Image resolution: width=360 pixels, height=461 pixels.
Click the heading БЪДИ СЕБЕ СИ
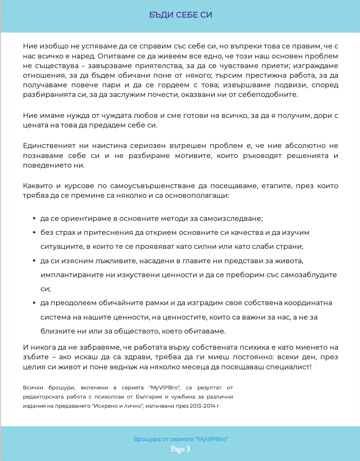pyautogui.click(x=180, y=15)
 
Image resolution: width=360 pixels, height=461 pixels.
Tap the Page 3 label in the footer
pyautogui.click(x=180, y=449)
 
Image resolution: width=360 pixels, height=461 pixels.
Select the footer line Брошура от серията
pyautogui.click(x=180, y=439)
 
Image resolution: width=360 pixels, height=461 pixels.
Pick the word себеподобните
pyautogui.click(x=275, y=94)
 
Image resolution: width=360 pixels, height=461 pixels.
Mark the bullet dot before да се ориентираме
pyautogui.click(x=34, y=218)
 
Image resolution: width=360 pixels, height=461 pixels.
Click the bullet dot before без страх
pyautogui.click(x=34, y=232)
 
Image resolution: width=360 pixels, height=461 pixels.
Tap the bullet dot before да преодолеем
pyautogui.click(x=34, y=303)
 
